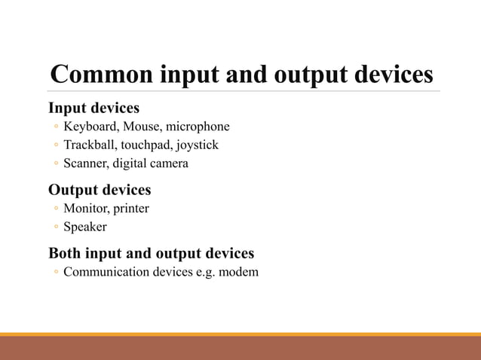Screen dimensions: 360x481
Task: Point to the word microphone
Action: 198,127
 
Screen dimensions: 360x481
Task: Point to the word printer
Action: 132,209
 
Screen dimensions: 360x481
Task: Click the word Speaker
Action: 85,227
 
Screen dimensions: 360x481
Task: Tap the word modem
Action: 240,272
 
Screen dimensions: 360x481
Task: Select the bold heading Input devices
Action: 93,108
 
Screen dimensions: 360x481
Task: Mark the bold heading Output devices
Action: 100,189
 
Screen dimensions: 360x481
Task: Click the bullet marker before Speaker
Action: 56,227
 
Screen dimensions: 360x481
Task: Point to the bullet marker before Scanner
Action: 56,164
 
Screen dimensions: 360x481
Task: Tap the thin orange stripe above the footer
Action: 240,334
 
